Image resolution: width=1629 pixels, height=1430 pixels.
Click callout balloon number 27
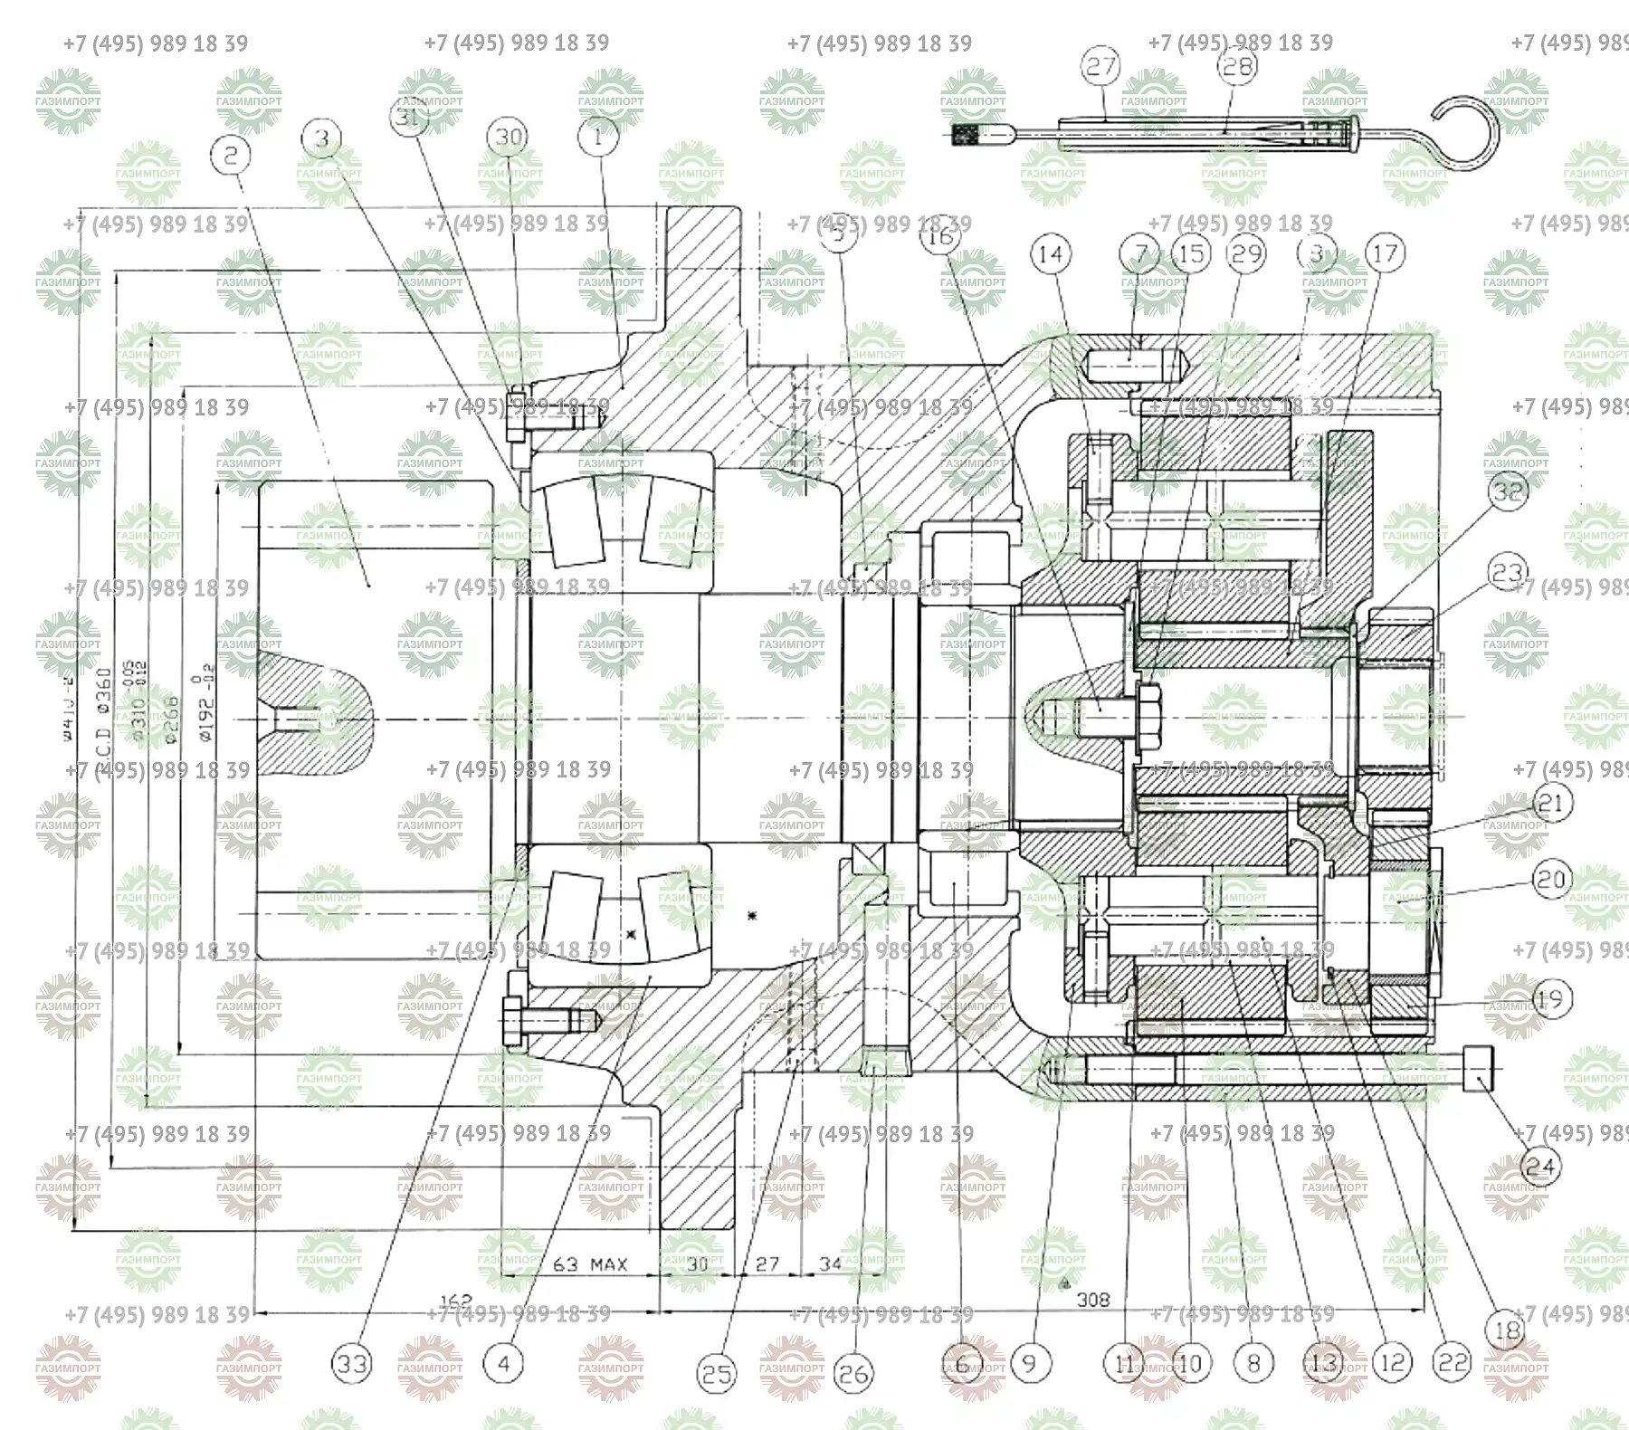coord(1101,66)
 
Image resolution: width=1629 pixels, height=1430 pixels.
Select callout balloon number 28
coord(1237,65)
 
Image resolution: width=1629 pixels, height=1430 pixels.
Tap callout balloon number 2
coord(231,155)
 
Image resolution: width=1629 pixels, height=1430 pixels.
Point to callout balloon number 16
coord(939,235)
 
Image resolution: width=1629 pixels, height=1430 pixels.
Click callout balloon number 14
coord(1050,253)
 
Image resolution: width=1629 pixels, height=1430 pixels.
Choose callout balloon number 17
coord(1385,253)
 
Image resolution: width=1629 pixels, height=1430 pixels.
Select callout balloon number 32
coord(1509,491)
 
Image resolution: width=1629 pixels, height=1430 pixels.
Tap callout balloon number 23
coord(1509,572)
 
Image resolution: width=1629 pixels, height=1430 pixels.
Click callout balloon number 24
coord(1539,1166)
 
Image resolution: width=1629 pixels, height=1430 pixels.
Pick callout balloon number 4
coord(504,1363)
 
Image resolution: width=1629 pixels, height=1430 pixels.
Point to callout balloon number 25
coord(717,1375)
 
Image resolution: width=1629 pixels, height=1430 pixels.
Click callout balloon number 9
coord(1029,1362)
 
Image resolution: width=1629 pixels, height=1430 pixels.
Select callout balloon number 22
coord(1453,1362)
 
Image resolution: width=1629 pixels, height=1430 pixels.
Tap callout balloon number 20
coord(1550,879)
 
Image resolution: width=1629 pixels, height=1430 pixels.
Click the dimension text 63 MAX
coord(590,1263)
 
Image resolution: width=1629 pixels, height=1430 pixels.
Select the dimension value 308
coord(1093,1300)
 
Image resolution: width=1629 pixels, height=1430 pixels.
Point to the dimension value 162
coord(455,1301)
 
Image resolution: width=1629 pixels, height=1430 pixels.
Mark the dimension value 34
coord(830,1263)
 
